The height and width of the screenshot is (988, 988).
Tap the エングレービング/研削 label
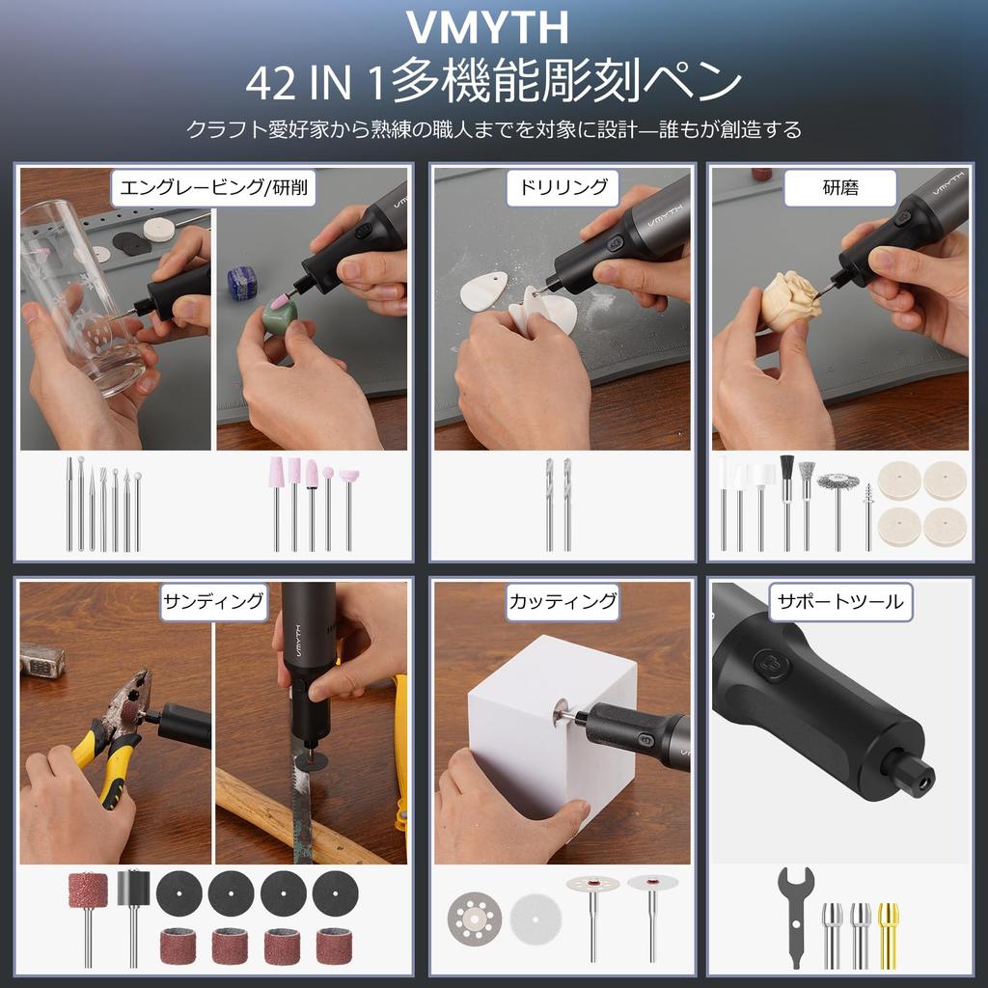(213, 187)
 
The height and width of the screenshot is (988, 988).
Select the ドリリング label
(563, 187)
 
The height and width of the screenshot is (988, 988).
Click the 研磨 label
(840, 187)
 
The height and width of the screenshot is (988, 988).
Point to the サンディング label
(213, 601)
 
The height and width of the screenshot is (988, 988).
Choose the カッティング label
(563, 601)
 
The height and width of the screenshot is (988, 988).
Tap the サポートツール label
(840, 601)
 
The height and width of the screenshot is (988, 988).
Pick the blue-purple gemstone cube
(242, 282)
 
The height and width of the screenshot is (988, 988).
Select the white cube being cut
(540, 743)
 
